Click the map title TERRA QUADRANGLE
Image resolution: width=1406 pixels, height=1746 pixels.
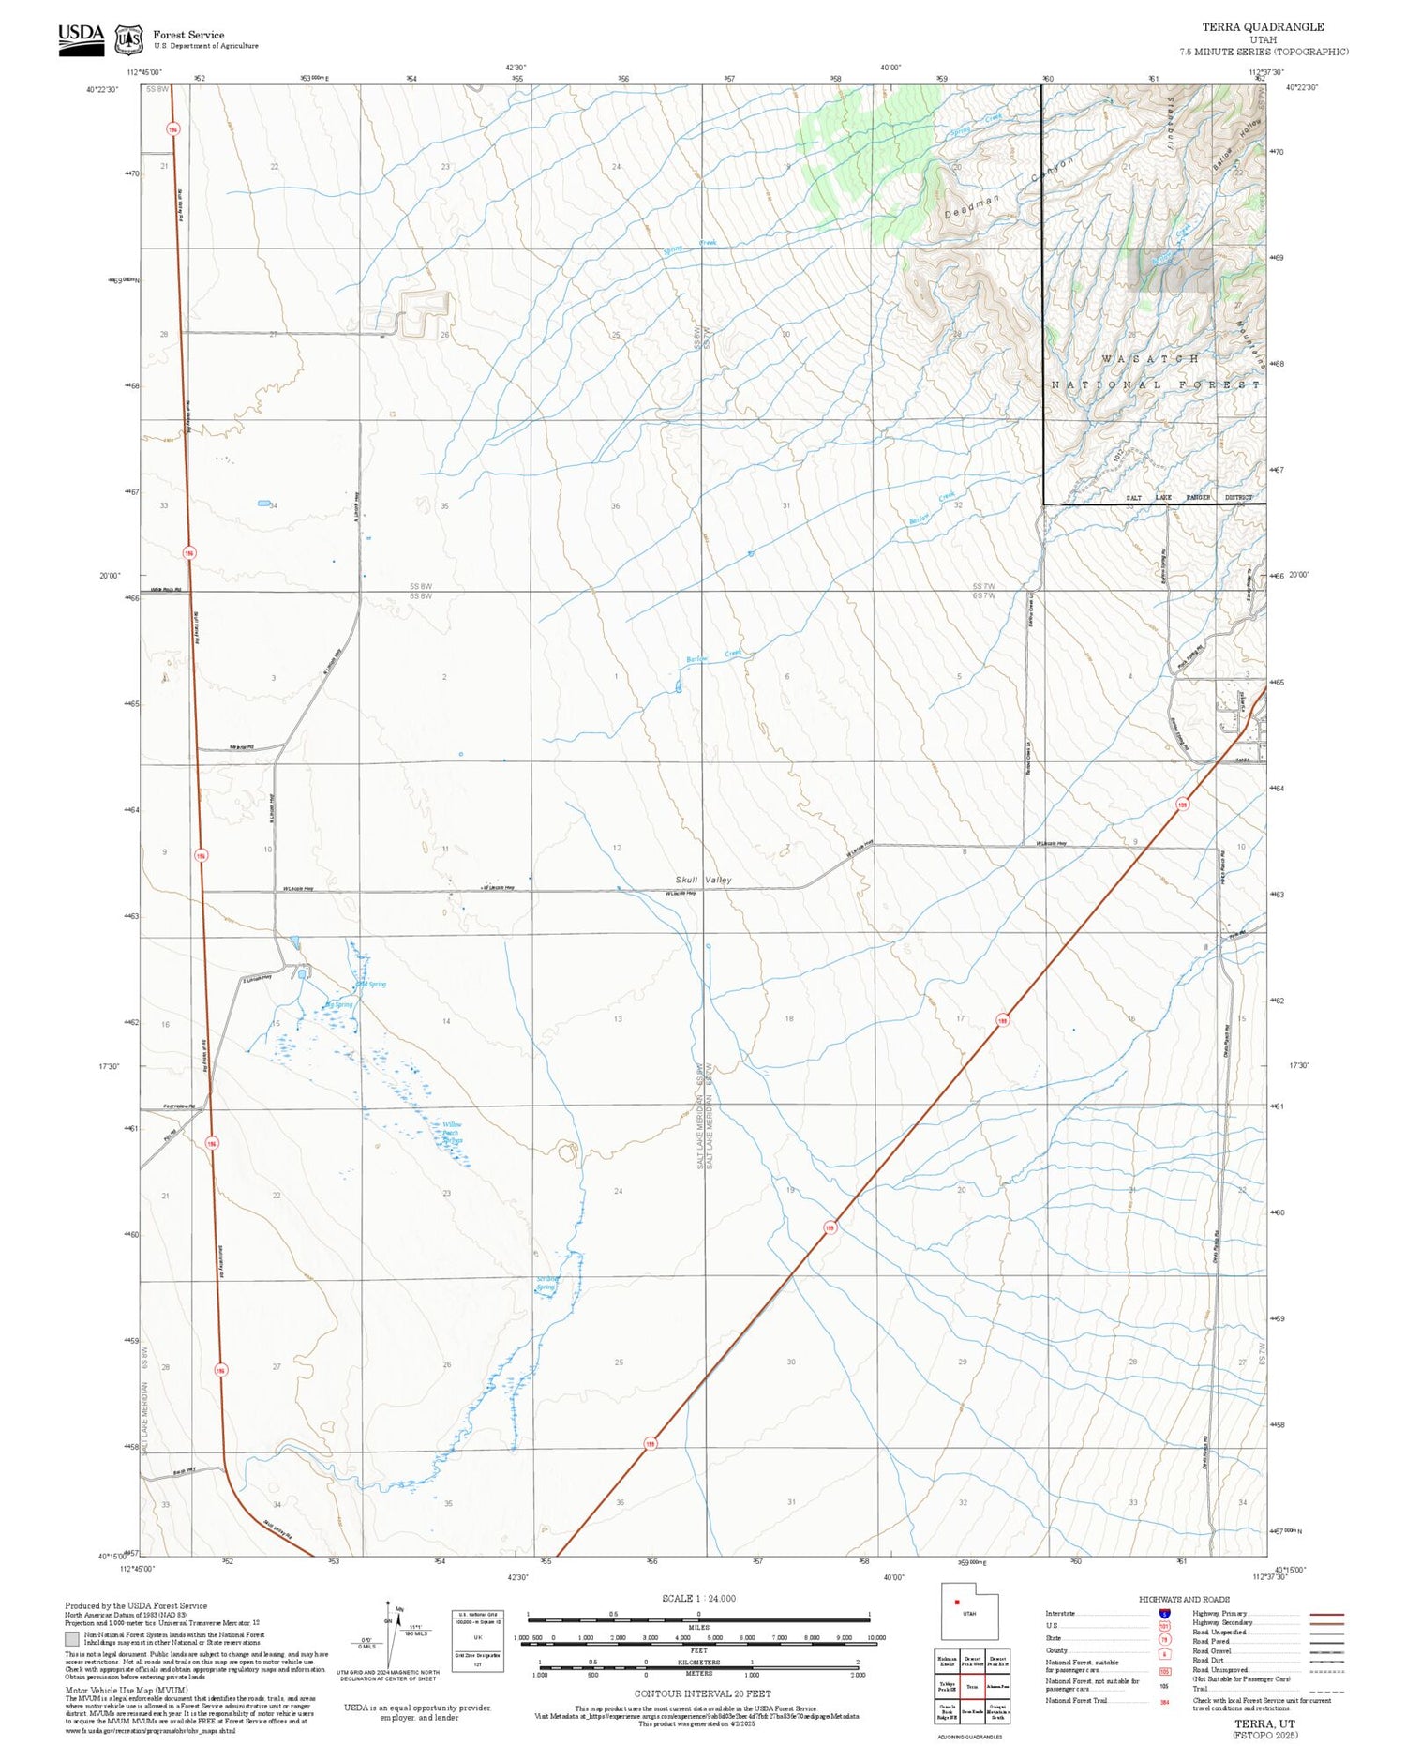[1263, 27]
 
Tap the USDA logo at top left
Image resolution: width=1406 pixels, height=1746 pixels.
[82, 38]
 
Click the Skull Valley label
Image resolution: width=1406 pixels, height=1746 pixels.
[703, 880]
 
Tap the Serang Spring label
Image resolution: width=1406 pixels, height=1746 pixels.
[546, 1283]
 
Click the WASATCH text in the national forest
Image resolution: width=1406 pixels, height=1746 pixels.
[1149, 358]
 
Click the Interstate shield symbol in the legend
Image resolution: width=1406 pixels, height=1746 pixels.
[1164, 1613]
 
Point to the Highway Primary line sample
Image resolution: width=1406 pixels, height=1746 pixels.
[1325, 1614]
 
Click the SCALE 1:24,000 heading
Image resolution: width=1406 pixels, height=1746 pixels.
[698, 1598]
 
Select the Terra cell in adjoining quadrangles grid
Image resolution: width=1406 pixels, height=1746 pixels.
[972, 1686]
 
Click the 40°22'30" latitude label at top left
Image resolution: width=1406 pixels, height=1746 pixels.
[103, 89]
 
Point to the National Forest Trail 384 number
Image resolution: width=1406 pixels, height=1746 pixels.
[1164, 1701]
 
